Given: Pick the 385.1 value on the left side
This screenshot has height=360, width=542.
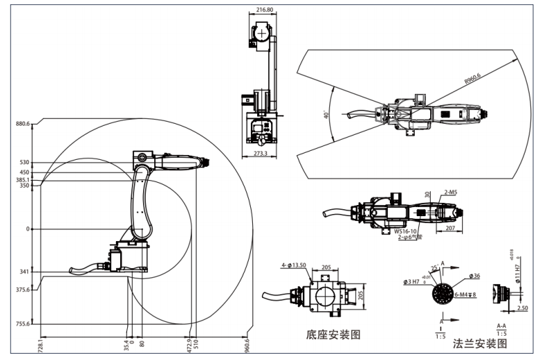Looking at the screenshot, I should (23, 179).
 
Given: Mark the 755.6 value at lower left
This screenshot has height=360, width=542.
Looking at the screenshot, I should (23, 323).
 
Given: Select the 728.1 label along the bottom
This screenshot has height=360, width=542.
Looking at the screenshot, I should (41, 345).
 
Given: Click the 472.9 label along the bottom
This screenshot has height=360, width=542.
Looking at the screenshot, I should (188, 345).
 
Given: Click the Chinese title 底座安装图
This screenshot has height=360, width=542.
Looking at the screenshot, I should (334, 334).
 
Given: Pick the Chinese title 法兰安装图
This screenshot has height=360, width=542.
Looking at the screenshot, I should (480, 343).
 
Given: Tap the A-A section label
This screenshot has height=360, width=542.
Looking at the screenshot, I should (500, 325).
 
